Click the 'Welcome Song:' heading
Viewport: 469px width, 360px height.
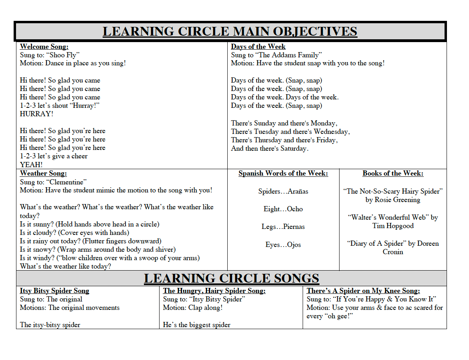coord(44,47)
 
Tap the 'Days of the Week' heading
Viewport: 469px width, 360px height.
coord(258,47)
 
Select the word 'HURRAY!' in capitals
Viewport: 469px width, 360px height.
coord(36,114)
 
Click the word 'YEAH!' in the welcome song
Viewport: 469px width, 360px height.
coord(31,164)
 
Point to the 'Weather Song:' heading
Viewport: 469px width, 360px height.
coord(43,173)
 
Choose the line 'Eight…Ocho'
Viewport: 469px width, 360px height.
coord(283,209)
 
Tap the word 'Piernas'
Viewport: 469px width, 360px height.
coord(294,227)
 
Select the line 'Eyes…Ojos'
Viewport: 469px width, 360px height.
coord(283,245)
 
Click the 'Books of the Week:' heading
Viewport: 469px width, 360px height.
coord(393,173)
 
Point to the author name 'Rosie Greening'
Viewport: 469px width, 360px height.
coord(398,200)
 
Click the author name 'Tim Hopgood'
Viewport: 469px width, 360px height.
coord(393,226)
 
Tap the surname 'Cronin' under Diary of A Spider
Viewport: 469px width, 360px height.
coord(393,252)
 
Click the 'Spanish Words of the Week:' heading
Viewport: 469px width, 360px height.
coord(283,173)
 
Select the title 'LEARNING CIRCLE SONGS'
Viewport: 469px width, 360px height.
coord(231,278)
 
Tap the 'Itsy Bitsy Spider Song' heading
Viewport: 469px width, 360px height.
coord(55,291)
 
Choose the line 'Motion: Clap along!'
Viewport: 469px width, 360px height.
coord(192,307)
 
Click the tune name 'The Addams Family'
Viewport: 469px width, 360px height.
coord(290,55)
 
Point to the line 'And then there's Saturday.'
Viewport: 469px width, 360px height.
coord(270,148)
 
